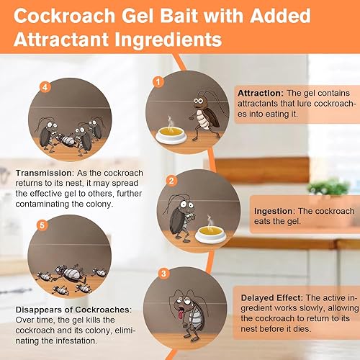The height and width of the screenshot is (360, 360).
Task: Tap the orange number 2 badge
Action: pyautogui.click(x=171, y=180)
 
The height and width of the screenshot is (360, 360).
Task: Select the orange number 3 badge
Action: pyautogui.click(x=165, y=274)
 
